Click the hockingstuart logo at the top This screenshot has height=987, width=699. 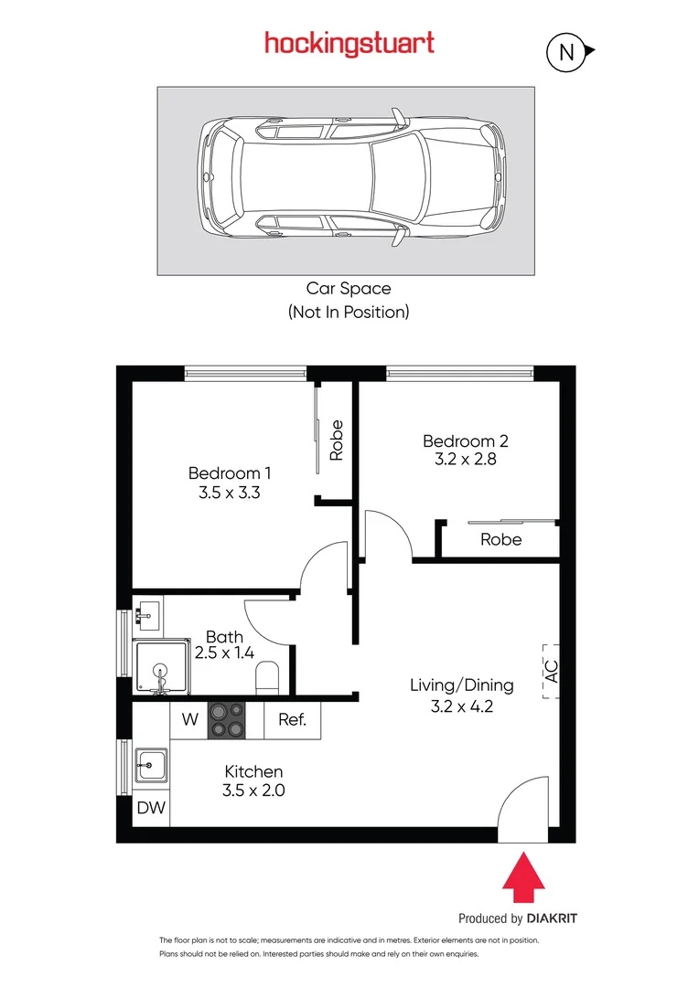[349, 43]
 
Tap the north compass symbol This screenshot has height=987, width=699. [566, 52]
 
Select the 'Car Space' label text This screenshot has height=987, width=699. [349, 289]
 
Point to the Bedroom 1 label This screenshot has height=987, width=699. [230, 473]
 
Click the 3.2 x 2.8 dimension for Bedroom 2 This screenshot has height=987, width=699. [465, 460]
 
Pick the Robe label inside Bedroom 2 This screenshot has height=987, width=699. [500, 539]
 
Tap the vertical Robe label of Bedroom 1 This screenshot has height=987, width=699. [337, 440]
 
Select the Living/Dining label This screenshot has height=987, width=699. [461, 685]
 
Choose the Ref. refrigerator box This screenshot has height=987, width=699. [292, 719]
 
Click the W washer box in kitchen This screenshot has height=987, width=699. [189, 719]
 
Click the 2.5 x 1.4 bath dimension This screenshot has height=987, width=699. [223, 653]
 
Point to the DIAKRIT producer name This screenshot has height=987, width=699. [553, 918]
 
